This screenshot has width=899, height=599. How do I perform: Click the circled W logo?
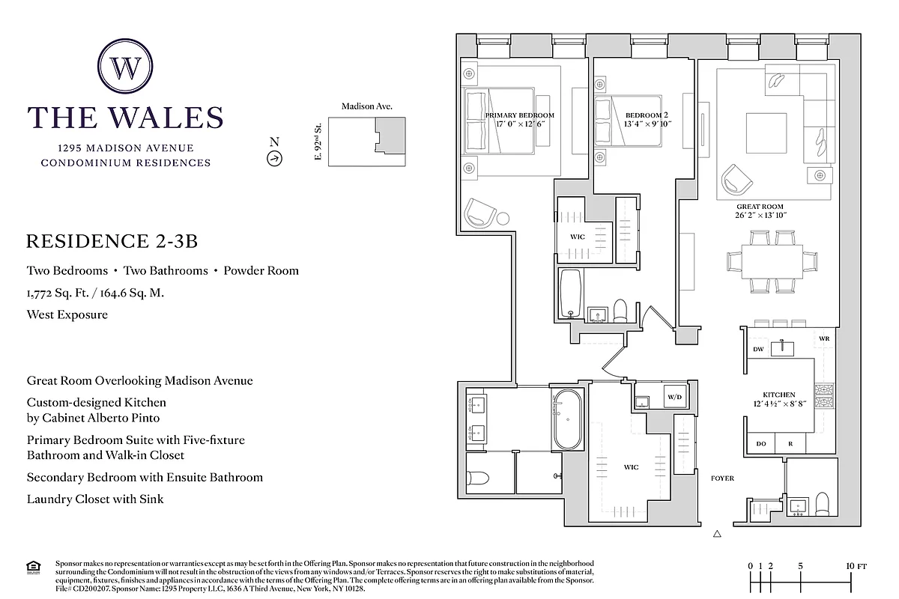coord(125,68)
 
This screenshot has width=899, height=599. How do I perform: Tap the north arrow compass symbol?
coord(274,158)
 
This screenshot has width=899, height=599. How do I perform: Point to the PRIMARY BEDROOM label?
coord(519,115)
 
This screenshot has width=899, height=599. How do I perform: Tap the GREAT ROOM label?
coord(759,207)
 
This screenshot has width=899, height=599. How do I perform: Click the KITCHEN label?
coord(779,395)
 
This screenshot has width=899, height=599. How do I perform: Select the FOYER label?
coord(722,478)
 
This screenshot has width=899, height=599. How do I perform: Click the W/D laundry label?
coord(674,397)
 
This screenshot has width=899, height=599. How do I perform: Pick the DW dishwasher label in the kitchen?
coord(757,349)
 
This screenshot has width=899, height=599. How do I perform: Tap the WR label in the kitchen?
coord(824,339)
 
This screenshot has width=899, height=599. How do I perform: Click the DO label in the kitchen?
coord(760,444)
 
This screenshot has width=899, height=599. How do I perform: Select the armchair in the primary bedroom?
coord(480,213)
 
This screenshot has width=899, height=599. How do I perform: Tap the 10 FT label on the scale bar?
coord(856,566)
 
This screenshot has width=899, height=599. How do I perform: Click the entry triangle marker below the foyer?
coord(717,534)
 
